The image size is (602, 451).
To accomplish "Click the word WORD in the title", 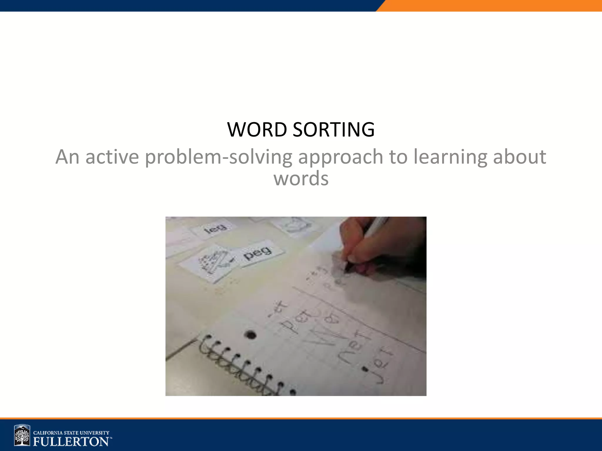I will [257, 129].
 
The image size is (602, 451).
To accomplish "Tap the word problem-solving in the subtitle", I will [218, 157].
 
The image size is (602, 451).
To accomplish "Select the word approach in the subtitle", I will [340, 157].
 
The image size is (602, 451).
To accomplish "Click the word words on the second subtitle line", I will [301, 179].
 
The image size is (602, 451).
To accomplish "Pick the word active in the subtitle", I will [112, 157].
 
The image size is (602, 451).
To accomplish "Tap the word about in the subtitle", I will [519, 157].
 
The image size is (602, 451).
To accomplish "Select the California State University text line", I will [71, 433].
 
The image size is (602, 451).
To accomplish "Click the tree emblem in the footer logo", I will [22, 435].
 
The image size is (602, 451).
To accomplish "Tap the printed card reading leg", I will [216, 228].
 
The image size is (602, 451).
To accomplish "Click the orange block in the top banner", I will [491, 6].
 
